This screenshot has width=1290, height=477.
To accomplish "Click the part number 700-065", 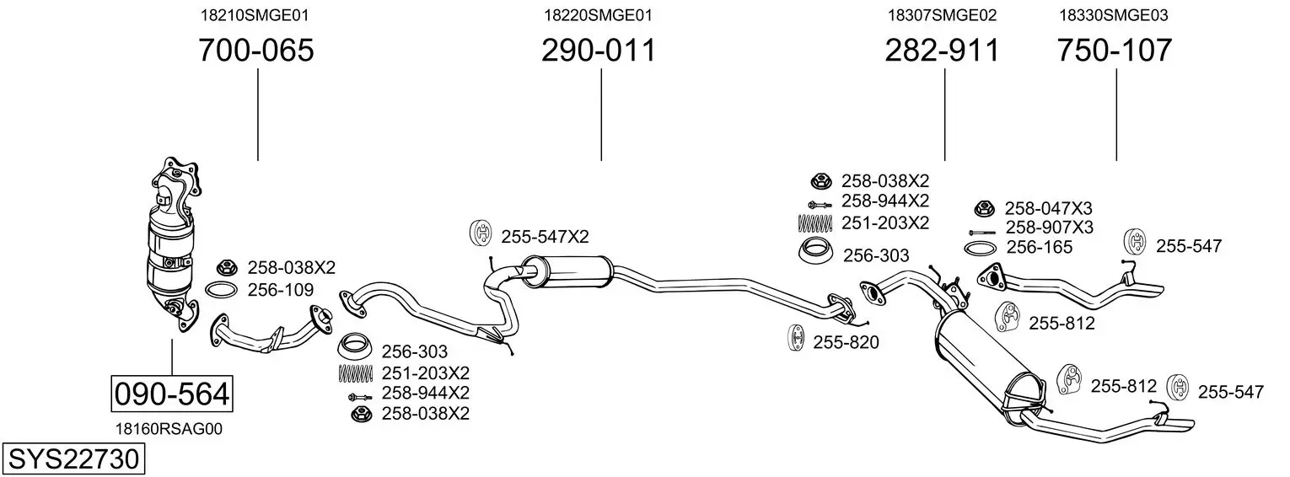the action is tap(256, 50).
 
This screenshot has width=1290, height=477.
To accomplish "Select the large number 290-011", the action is tap(599, 50).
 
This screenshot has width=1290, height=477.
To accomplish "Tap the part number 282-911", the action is tap(942, 50).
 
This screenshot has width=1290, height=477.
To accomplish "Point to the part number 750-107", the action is tap(1115, 50).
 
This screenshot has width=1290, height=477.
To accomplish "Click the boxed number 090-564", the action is tap(172, 394).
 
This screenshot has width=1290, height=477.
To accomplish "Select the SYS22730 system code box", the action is tap(73, 459).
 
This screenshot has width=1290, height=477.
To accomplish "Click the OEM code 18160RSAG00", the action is tap(169, 429).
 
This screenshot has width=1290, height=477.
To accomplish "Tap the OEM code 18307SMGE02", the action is tap(942, 15).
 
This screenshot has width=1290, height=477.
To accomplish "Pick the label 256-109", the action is tap(281, 289).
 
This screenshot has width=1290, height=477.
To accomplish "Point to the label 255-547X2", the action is tap(545, 237).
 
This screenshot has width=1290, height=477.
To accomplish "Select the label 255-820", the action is tap(846, 342).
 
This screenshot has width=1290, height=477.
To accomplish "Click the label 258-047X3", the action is tap(1049, 207).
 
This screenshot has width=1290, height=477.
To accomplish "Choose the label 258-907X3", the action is tap(1049, 228).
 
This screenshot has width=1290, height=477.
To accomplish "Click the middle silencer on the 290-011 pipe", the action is tap(567, 271).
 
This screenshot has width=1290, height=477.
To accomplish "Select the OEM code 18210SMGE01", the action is tap(255, 15).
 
